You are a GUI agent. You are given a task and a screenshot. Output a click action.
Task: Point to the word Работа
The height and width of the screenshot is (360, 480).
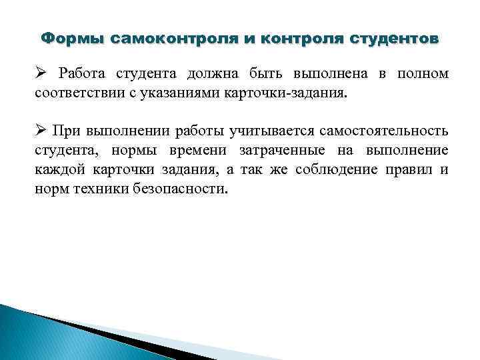[80, 73]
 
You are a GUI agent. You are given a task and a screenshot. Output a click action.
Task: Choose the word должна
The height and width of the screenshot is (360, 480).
[200, 73]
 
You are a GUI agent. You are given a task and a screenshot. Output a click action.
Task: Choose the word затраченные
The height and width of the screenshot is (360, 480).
[275, 150]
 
